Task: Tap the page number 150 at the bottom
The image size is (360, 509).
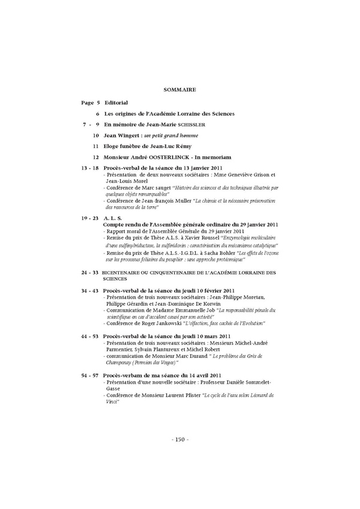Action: [x=180, y=439]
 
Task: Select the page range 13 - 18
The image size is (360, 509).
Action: [x=90, y=168]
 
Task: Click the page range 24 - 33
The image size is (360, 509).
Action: [x=90, y=273]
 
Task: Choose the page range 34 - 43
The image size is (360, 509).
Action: [x=90, y=291]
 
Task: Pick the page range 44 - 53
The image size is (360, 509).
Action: [x=90, y=336]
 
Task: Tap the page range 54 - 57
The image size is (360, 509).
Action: [x=90, y=375]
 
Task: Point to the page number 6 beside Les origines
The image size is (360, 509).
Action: [x=97, y=113]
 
